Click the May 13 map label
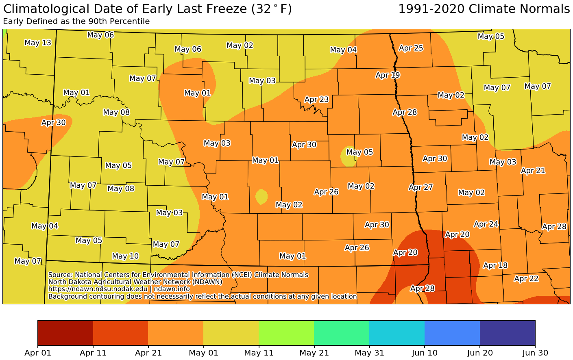coord(38,43)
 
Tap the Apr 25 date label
coord(411,48)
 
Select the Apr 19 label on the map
coord(388,75)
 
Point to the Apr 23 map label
coord(316,100)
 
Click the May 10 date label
coord(125,256)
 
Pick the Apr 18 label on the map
coord(495,266)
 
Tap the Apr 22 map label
coord(526,279)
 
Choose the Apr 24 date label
coord(486,224)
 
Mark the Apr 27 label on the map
coord(421,188)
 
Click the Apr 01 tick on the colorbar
coord(38,353)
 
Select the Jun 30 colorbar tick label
coord(535,353)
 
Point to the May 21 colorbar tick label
coord(314,353)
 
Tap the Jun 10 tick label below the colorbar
coord(425,353)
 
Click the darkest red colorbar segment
coord(65,332)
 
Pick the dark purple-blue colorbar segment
coord(507,332)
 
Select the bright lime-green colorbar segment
coord(286,332)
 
